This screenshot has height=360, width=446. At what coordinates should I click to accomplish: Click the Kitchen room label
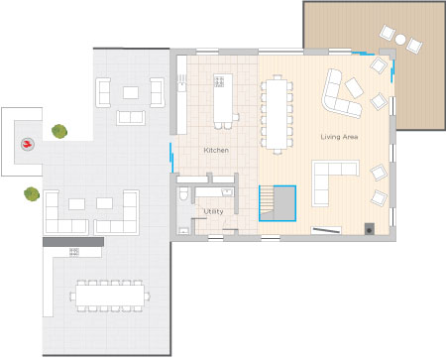click(216, 150)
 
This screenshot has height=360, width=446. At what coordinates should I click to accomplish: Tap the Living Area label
click(339, 137)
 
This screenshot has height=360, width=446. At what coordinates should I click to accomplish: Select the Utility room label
click(213, 211)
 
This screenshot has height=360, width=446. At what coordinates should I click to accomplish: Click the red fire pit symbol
click(28, 144)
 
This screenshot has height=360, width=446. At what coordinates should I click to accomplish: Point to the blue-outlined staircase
click(278, 203)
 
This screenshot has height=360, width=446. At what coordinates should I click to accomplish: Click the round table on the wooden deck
click(400, 40)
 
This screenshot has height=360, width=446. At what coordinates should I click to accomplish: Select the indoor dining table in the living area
click(277, 114)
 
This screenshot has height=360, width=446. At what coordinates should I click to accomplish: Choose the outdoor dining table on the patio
click(110, 296)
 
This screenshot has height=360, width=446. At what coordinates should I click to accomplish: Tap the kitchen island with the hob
click(223, 98)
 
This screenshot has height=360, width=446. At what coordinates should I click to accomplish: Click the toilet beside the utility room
click(183, 194)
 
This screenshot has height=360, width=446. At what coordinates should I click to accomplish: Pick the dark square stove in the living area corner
click(370, 229)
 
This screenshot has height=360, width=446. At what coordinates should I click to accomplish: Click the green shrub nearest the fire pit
click(59, 131)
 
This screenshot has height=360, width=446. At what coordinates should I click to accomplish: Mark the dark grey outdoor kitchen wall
click(73, 242)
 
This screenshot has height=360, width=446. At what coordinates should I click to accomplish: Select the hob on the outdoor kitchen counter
click(74, 252)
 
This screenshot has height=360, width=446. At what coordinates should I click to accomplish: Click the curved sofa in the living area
click(340, 94)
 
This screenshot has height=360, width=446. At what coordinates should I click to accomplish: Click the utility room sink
click(227, 192)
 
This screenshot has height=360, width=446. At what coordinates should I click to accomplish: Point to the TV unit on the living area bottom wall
click(326, 230)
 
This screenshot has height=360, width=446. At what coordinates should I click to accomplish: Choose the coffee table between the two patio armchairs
click(131, 92)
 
